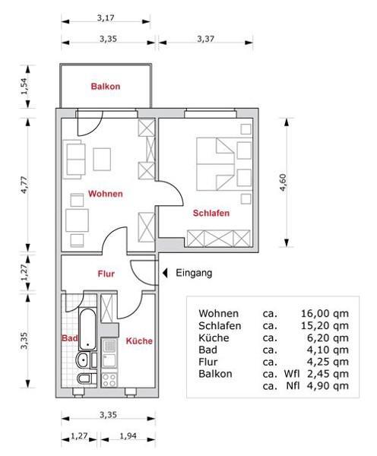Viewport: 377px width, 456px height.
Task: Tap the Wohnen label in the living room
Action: coord(105,194)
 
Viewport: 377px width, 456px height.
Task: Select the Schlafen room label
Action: coord(211,214)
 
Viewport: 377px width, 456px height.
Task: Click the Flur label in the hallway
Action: coord(106,274)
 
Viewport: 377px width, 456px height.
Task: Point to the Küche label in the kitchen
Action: coord(139,341)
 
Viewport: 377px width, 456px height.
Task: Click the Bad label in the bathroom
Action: coord(68,337)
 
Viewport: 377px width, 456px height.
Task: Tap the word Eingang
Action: coord(194,273)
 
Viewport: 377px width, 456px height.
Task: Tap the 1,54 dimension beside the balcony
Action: coord(23,87)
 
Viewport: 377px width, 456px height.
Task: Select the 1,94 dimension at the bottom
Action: coord(133,436)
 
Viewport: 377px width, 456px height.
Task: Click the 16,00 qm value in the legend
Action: coord(325,313)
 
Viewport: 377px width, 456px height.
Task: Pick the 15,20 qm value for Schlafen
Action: coord(325,325)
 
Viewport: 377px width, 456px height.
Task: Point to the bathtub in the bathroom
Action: coord(85,331)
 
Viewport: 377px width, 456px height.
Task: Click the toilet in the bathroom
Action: coord(84,378)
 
